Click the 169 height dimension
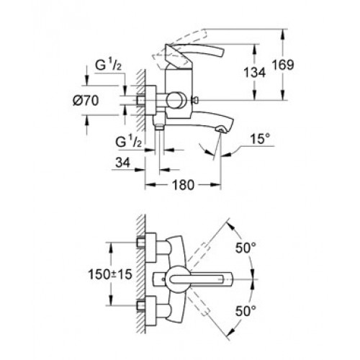[x=283, y=65]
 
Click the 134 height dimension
[x=254, y=73]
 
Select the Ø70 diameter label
[x=86, y=100]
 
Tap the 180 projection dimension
[x=183, y=185]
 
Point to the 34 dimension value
[x=122, y=163]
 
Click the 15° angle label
[x=260, y=139]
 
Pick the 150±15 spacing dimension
[x=110, y=274]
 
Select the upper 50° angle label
[x=246, y=248]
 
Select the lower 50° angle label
[x=246, y=311]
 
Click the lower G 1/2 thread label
[x=128, y=142]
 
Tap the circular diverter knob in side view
[x=176, y=100]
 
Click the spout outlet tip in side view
[x=222, y=130]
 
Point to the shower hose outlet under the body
[x=159, y=126]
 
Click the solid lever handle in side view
[x=194, y=55]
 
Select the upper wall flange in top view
[x=150, y=248]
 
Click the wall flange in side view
[x=150, y=100]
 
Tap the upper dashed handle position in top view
[x=197, y=253]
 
